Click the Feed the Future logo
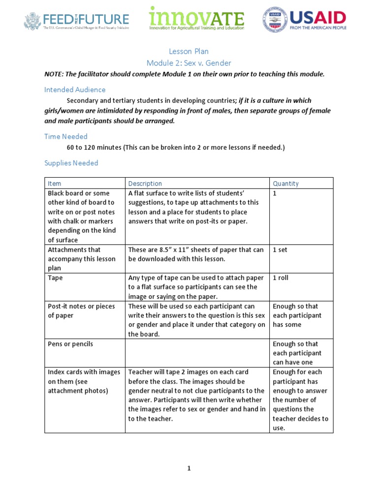[77, 21]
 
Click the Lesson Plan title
[189, 51]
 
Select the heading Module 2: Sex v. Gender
[189, 63]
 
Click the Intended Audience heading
[75, 90]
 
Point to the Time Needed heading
[66, 136]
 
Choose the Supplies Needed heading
[71, 163]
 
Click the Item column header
[55, 184]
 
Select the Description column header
[145, 184]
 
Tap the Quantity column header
[286, 184]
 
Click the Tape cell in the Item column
[55, 278]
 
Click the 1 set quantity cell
[280, 250]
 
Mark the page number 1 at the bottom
[189, 469]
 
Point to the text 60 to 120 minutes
[94, 148]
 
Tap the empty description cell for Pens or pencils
[197, 353]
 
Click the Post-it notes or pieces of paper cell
[81, 311]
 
